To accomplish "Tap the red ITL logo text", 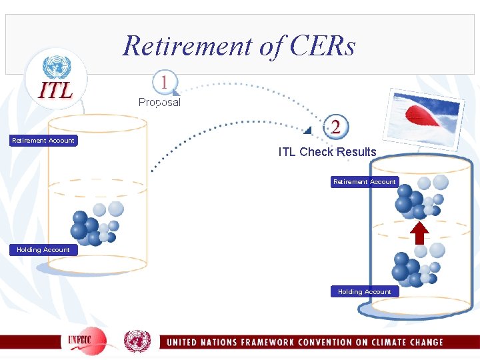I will coord(57,91).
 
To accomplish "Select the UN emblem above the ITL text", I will coord(57,67).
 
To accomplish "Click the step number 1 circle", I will coord(163,83).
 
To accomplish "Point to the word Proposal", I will coord(159,103).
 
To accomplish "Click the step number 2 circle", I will coord(335,127).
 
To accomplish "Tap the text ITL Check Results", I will coord(327,152).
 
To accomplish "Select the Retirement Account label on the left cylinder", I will coord(43,140).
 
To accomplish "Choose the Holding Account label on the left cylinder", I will coord(43,249).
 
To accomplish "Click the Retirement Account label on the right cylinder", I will coord(364,181).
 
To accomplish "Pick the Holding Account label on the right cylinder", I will coord(364,291).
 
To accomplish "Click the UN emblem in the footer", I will coord(137,341).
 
